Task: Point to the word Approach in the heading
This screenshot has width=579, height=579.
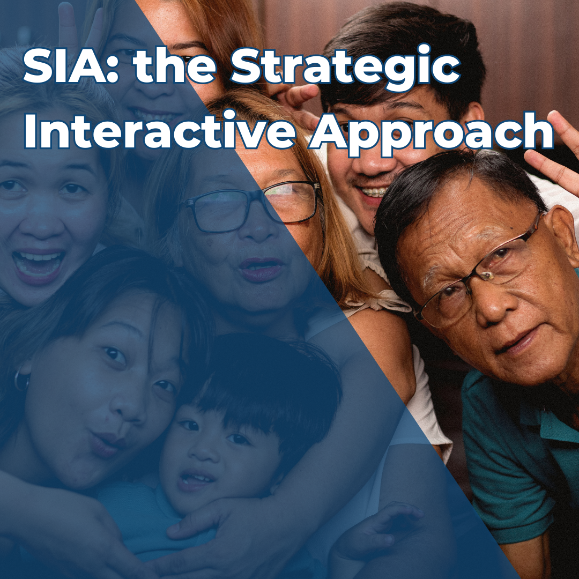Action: [x=432, y=131]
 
